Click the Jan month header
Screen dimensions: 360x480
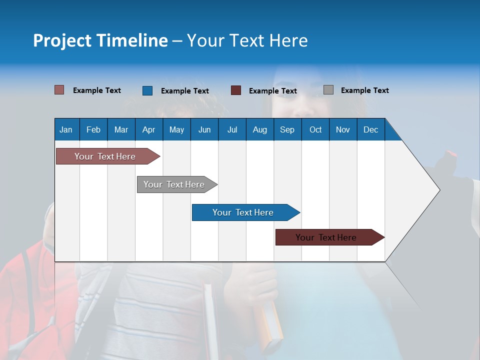[66, 129]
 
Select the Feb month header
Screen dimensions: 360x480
[93, 129]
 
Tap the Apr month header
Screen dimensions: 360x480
[148, 129]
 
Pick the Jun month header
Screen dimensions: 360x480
[204, 129]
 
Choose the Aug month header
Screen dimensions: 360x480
[259, 129]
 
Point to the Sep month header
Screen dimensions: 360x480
[287, 129]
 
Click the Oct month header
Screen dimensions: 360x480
[315, 129]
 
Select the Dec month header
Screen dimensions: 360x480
[370, 129]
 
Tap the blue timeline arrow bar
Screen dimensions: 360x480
[243, 212]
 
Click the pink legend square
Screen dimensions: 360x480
[59, 90]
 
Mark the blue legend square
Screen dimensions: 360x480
[147, 90]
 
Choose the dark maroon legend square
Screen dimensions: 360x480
[236, 90]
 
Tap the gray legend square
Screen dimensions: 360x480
[328, 90]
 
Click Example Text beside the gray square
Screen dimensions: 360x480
[364, 90]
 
